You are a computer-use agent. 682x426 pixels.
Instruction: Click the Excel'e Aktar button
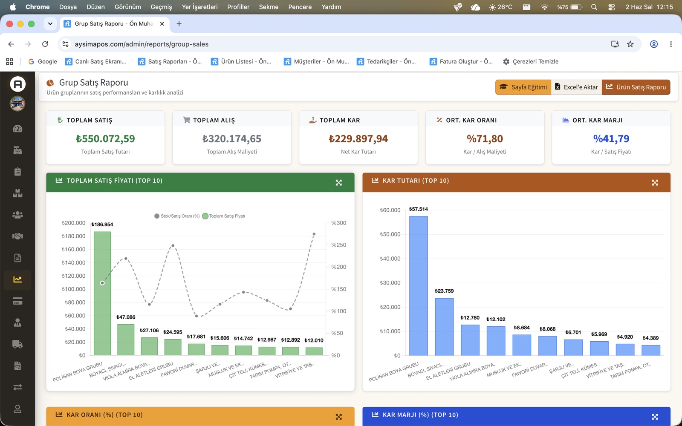(576, 87)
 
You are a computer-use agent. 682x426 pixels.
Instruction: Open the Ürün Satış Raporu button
(636, 87)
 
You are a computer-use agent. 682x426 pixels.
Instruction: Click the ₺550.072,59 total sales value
(105, 139)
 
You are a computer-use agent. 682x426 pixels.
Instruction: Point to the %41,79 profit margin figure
(611, 139)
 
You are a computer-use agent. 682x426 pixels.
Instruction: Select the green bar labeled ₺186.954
(102, 294)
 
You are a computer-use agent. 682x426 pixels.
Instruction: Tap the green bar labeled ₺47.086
(126, 340)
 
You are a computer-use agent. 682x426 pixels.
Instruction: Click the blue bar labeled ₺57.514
(418, 286)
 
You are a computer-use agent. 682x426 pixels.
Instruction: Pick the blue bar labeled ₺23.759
(444, 327)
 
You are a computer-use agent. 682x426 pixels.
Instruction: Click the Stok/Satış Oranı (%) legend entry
(177, 216)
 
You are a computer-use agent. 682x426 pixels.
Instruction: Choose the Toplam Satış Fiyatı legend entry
(224, 216)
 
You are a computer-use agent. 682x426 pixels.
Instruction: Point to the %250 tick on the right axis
(338, 245)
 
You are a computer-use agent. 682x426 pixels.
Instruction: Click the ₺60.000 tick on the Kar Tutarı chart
(390, 210)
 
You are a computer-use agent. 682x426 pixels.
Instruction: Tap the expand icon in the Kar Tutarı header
(655, 183)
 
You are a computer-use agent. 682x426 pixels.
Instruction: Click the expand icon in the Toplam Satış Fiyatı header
(338, 183)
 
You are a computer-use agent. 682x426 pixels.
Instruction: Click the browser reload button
(45, 44)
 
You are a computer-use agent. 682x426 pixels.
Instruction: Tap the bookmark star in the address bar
(630, 44)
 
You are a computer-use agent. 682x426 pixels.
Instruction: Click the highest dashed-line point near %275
(314, 234)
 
